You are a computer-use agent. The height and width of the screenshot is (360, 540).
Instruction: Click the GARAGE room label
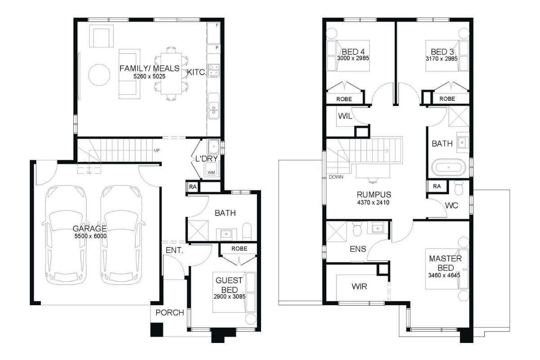point(90,228)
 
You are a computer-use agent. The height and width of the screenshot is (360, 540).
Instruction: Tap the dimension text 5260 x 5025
point(149,76)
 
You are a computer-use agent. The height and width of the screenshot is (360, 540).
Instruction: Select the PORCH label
point(170,312)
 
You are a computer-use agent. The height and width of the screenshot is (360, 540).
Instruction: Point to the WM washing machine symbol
point(211,170)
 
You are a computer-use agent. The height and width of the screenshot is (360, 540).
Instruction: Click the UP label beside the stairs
point(157,150)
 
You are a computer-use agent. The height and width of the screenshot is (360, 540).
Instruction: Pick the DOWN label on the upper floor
point(336,177)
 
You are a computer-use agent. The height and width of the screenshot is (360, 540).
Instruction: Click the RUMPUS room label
point(374,194)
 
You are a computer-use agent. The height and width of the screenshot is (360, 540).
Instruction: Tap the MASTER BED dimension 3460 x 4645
point(444,275)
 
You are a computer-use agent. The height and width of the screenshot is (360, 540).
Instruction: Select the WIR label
point(359,287)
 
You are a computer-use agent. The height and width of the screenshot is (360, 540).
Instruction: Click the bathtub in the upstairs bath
point(449,167)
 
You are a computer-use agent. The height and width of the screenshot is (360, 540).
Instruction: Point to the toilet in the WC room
point(459,187)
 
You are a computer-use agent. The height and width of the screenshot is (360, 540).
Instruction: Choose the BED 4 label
point(353,52)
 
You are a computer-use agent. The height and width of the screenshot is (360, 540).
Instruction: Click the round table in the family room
point(99,75)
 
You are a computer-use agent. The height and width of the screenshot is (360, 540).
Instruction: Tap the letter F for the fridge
point(217,25)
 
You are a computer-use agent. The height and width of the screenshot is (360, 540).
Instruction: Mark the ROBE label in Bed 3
point(447,99)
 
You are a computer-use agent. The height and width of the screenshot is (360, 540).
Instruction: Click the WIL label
point(345,116)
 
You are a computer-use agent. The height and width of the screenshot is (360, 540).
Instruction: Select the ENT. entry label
point(174,250)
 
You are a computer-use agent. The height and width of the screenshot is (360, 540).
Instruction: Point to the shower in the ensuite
point(336,231)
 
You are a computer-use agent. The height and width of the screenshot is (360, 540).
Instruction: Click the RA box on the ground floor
point(193,187)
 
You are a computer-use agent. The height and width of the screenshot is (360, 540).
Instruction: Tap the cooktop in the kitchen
point(214,71)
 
